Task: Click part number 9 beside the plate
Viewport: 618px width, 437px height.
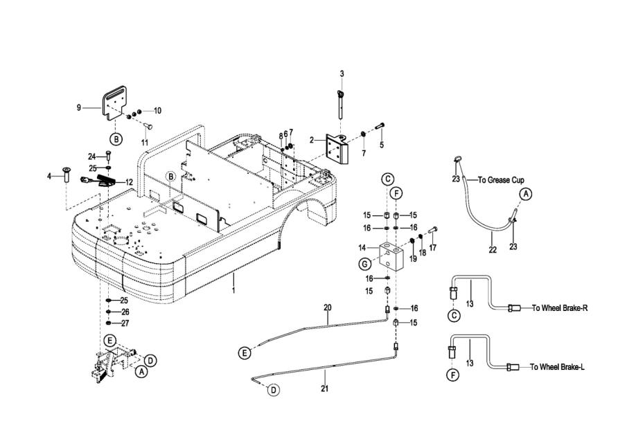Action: pos(79,107)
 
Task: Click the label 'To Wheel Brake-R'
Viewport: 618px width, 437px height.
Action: pos(560,308)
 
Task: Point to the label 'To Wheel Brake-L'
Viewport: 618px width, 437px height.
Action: pos(558,367)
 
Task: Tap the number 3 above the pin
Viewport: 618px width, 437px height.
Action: pos(342,73)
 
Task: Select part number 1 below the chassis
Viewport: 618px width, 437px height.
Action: pos(233,291)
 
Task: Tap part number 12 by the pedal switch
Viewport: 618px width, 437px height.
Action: pos(129,182)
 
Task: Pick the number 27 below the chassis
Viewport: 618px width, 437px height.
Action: pos(125,323)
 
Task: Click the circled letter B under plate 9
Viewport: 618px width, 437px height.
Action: pos(116,139)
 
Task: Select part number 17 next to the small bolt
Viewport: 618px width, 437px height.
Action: pos(433,247)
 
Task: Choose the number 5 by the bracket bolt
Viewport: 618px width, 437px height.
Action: pos(380,145)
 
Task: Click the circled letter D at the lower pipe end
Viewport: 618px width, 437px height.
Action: pos(274,391)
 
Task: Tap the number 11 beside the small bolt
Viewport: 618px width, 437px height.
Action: pos(145,142)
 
